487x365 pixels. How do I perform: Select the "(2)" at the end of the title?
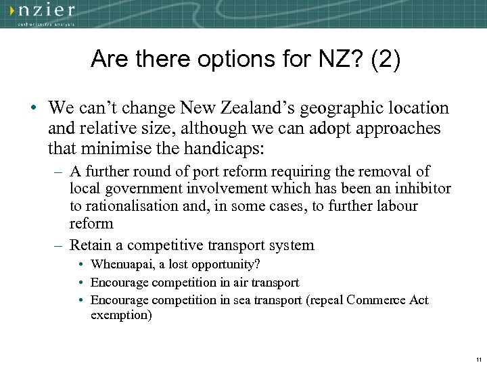(385, 59)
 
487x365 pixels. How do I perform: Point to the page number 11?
(478, 358)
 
